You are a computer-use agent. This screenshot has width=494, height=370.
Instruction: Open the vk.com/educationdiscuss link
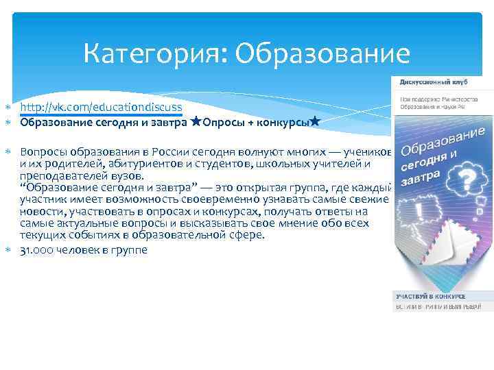[101, 108]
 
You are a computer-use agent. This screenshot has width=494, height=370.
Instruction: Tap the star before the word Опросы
[196, 122]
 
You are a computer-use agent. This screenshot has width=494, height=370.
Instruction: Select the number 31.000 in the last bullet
[39, 250]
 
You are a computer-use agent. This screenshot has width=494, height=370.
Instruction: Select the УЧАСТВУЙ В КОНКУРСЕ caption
[430, 296]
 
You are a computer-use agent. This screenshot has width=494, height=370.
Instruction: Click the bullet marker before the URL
[8, 108]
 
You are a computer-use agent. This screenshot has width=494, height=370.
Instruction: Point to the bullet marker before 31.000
[8, 251]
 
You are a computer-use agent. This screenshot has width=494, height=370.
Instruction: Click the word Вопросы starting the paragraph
[43, 151]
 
